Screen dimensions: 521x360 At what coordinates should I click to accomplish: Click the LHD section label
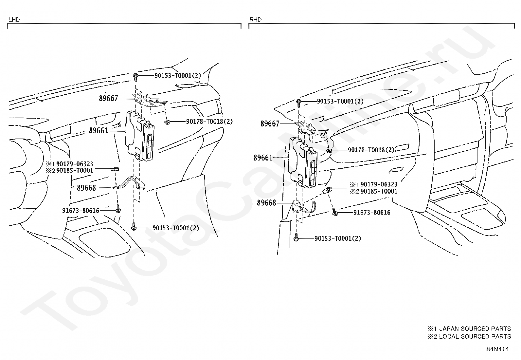[x=14, y=20]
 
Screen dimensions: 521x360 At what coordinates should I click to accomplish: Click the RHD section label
[x=255, y=20]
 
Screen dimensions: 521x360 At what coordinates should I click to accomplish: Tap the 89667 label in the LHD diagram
[x=108, y=99]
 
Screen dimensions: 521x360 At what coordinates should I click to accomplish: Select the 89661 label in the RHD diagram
[x=263, y=158]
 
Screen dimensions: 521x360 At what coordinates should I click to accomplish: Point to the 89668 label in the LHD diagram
[x=86, y=188]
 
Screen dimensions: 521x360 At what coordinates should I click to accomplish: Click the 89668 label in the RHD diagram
[x=266, y=203]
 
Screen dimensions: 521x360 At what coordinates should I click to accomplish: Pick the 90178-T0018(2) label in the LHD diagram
[x=209, y=122]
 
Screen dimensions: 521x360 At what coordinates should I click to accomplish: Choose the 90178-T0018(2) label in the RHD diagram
[x=371, y=150]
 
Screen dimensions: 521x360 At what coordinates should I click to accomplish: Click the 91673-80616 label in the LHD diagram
[x=81, y=211]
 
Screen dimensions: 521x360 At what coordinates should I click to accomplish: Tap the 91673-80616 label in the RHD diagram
[x=372, y=212]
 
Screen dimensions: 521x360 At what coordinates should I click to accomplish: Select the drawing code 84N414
[x=497, y=349]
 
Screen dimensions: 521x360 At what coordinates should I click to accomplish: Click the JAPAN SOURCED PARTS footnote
[x=469, y=329]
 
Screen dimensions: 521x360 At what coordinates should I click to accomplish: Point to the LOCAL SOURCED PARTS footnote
[x=469, y=336]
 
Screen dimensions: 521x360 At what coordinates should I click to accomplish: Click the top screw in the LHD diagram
[x=135, y=77]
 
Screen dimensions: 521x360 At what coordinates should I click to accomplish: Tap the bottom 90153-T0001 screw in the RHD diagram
[x=296, y=237]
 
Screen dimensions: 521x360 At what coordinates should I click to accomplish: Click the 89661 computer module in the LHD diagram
[x=139, y=136]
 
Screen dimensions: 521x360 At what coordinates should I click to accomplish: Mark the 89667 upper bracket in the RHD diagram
[x=312, y=130]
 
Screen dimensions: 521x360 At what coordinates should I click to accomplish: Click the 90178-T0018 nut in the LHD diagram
[x=167, y=122]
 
